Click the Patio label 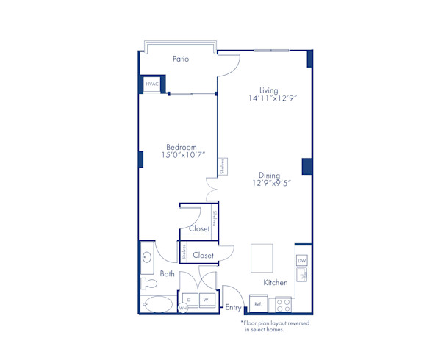pyautogui.click(x=181, y=59)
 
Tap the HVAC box pyautogui.click(x=151, y=85)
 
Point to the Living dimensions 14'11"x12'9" pyautogui.click(x=272, y=98)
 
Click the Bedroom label pyautogui.click(x=181, y=147)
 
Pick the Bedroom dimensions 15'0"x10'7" pyautogui.click(x=183, y=155)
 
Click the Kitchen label pyautogui.click(x=275, y=283)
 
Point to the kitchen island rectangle pyautogui.click(x=262, y=258)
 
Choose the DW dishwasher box pyautogui.click(x=302, y=261)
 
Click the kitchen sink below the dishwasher pyautogui.click(x=302, y=276)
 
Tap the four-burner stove pyautogui.click(x=283, y=303)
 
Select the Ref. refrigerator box pyautogui.click(x=258, y=303)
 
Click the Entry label pyautogui.click(x=234, y=308)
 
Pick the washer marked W pyautogui.click(x=207, y=300)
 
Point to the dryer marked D pyautogui.click(x=189, y=300)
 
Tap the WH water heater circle pyautogui.click(x=183, y=309)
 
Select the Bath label pyautogui.click(x=168, y=274)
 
